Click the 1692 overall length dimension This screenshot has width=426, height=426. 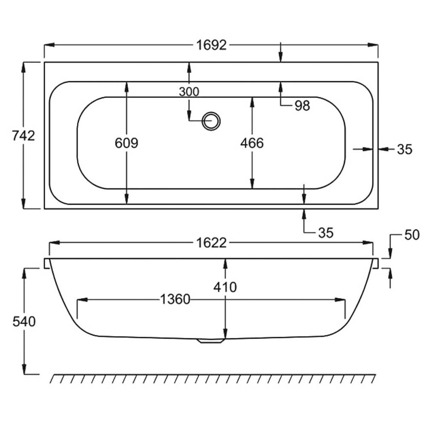coord(211,45)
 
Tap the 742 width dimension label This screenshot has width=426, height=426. coord(23,135)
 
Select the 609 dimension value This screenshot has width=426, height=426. coord(127,143)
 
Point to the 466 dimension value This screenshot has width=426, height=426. coord(252,143)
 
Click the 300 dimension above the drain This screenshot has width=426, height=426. coord(189,92)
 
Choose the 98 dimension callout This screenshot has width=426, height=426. coord(302,106)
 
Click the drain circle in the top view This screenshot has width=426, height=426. coord(211,121)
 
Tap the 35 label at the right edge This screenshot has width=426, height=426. coord(405,149)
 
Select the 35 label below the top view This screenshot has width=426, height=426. coord(325,233)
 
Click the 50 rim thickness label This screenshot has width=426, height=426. coord(412,235)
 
